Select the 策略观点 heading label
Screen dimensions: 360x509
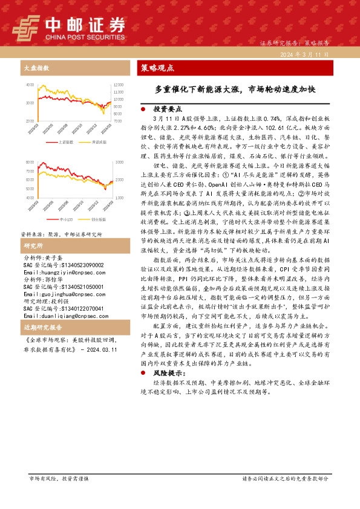(157, 67)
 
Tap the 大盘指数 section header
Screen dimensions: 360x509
(36, 67)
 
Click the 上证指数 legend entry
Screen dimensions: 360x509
(66, 142)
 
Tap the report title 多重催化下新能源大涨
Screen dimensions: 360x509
(235, 89)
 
